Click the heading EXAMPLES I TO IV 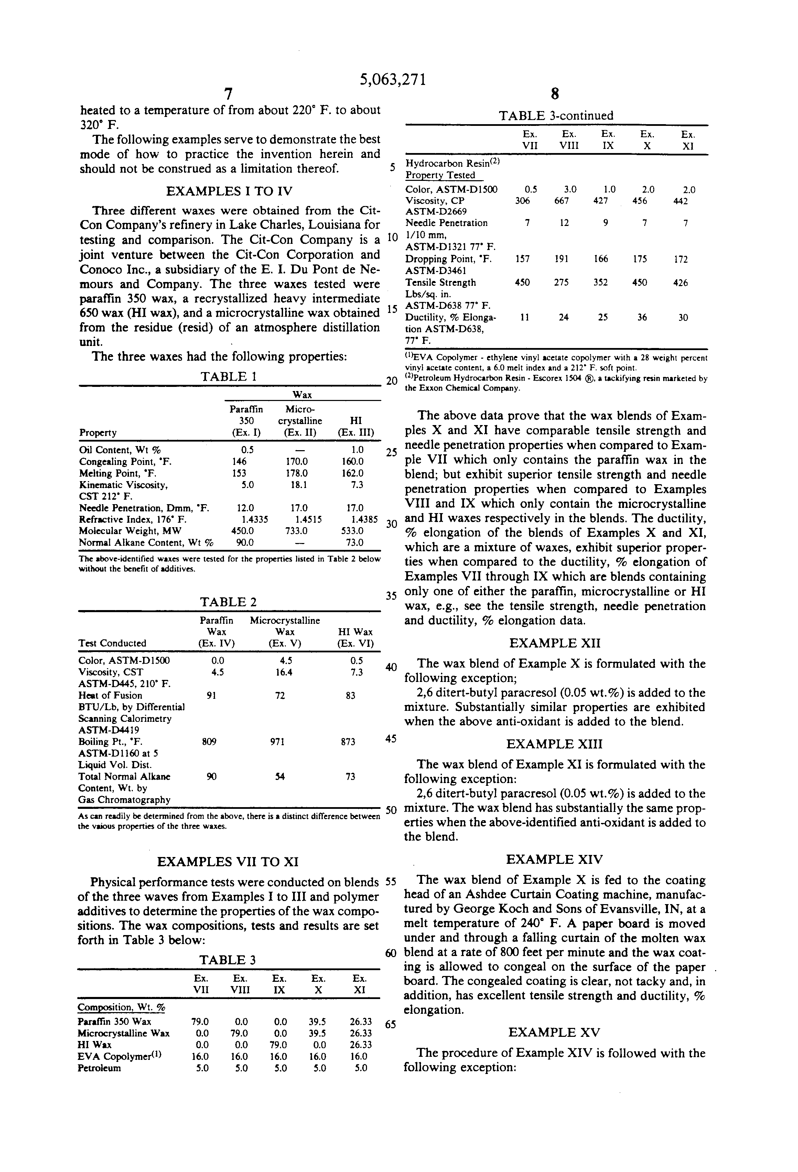click(229, 191)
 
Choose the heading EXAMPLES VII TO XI click(228, 862)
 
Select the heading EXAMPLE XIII click(554, 744)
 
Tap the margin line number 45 click(391, 739)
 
